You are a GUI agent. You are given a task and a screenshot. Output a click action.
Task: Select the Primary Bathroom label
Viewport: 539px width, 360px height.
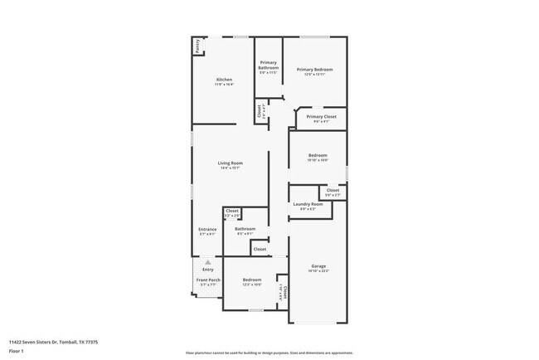point(268,65)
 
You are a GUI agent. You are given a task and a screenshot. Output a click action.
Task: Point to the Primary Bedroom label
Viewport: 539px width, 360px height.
point(315,70)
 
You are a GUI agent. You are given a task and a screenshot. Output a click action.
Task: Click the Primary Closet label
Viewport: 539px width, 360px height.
point(321,117)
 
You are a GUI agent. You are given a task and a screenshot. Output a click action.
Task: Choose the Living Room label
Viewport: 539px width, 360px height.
point(230,163)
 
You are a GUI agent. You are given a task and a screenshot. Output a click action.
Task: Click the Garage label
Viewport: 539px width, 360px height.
point(319,266)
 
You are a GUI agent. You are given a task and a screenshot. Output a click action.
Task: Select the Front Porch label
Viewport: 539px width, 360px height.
point(207,280)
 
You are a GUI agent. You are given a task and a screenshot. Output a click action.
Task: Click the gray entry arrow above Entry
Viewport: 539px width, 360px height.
point(207,262)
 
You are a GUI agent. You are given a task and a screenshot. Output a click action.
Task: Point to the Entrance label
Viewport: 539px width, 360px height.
point(207,229)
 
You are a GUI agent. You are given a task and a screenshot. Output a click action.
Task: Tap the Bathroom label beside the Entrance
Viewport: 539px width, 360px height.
point(245,229)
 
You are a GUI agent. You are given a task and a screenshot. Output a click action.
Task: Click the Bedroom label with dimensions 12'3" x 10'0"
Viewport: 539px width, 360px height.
point(252,280)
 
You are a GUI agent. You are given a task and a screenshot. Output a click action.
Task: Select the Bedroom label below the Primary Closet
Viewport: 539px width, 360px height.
point(318,155)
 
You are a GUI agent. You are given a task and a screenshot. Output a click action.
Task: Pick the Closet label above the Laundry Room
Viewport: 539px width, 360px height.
point(333,191)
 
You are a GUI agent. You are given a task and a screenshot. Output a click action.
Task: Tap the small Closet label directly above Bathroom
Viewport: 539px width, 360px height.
point(232,211)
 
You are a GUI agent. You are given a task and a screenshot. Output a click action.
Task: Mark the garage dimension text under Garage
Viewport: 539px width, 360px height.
point(319,271)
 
